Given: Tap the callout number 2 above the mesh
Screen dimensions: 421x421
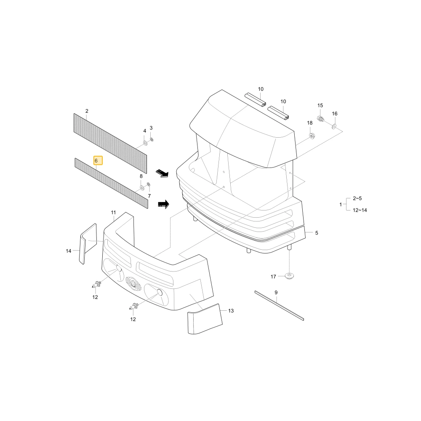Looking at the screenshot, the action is [87, 111].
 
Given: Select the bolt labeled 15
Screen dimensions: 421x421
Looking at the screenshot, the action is [320, 118].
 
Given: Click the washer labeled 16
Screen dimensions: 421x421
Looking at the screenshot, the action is [334, 126].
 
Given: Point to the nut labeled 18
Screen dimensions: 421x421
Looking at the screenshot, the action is [312, 136].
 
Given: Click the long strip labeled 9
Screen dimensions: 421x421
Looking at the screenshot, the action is [279, 306].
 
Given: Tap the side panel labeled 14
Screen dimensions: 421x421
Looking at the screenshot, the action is [88, 243].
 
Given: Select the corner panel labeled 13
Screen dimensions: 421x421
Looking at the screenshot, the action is [205, 319].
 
